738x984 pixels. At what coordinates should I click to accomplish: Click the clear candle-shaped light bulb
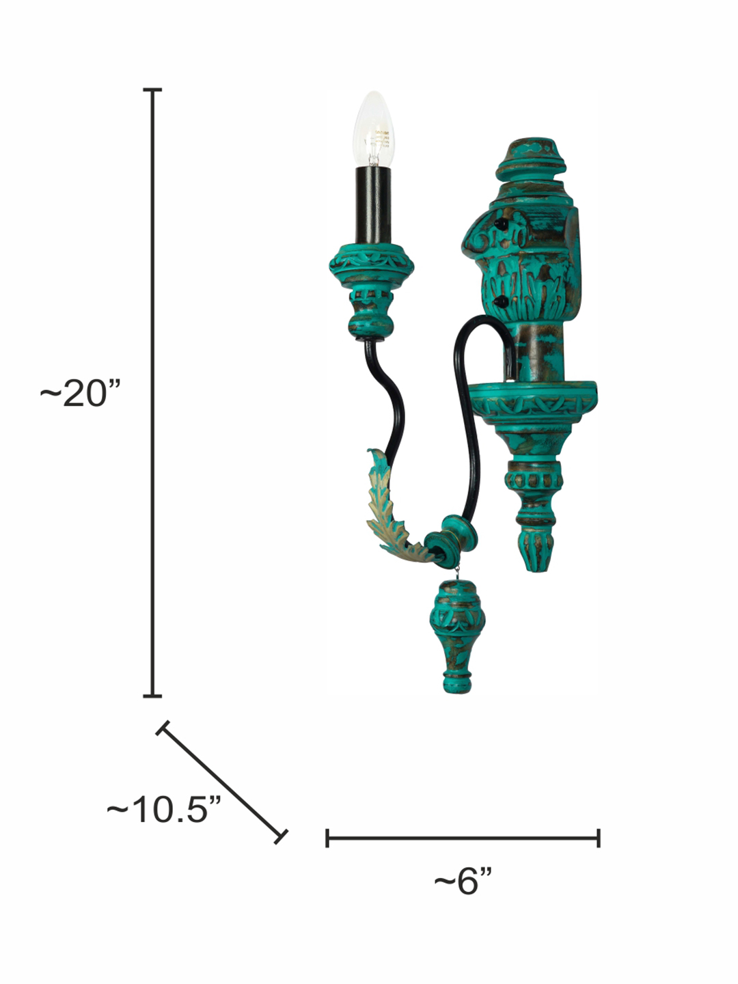(x=373, y=129)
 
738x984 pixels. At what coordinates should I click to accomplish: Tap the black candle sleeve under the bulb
(x=373, y=206)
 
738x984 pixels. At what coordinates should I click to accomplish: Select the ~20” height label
(x=81, y=393)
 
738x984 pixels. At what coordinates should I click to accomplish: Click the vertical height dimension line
(x=152, y=393)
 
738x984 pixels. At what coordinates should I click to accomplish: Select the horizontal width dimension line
(x=463, y=838)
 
